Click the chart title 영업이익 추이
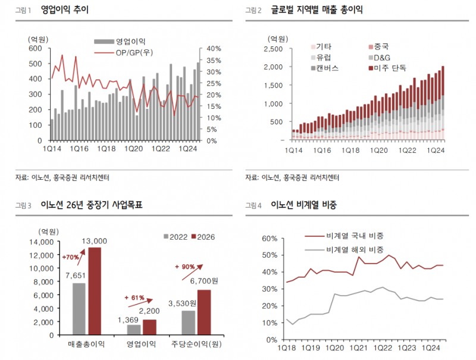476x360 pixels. point(65,10)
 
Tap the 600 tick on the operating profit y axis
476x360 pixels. point(35,49)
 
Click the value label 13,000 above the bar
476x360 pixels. point(95,241)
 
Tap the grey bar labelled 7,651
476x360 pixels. point(79,309)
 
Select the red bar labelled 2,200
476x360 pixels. point(150,327)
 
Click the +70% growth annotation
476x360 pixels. point(70,257)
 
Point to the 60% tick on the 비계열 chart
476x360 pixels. point(270,239)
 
